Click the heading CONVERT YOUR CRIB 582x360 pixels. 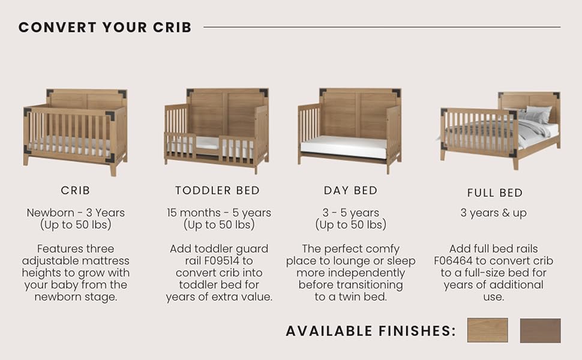point(105,27)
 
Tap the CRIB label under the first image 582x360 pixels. point(76,190)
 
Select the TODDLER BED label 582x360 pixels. point(218,190)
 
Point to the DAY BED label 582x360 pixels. point(350,190)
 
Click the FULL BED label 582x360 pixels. point(495,193)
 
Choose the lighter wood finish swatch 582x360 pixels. point(487,331)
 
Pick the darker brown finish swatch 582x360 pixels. point(541,331)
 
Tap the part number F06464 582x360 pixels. point(453,261)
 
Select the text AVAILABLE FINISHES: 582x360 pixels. point(371,331)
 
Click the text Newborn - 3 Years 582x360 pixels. point(76,212)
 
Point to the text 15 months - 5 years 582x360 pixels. point(219,212)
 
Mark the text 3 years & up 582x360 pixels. point(494,213)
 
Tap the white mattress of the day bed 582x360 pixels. point(343,145)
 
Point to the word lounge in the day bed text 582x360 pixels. point(346,261)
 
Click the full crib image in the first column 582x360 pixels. point(76,132)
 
